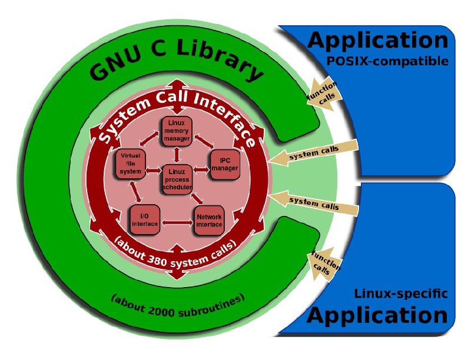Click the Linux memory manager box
pos(177,131)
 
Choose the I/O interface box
pos(144,219)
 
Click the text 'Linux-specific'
pos(401,292)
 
